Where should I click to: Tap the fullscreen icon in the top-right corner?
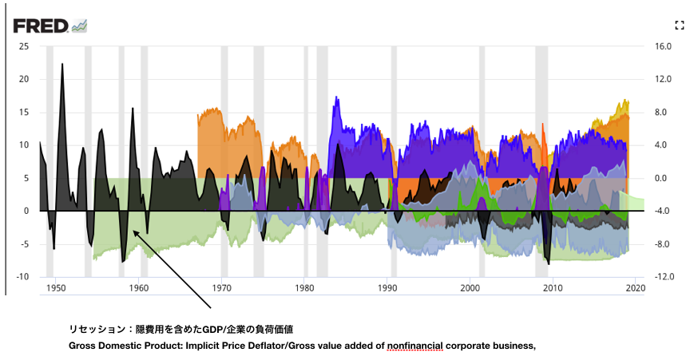[680, 26]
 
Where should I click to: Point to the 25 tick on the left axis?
[24, 46]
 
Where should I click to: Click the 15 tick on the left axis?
[24, 113]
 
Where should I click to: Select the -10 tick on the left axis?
[22, 277]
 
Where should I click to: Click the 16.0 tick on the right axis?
[664, 46]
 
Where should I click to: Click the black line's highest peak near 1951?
[62, 64]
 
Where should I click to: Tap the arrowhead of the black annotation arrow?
[134, 232]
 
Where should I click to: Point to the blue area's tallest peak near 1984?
[337, 97]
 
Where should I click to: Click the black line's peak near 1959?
[133, 108]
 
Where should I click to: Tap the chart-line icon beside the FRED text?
[79, 26]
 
